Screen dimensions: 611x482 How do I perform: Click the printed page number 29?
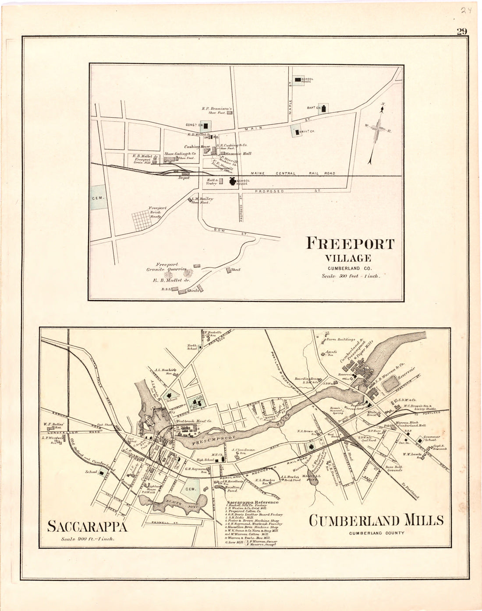click(x=461, y=31)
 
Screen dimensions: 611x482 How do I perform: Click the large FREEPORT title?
click(x=350, y=243)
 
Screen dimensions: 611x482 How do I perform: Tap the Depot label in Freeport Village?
click(x=184, y=178)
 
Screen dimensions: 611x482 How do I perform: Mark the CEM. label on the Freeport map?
click(x=97, y=198)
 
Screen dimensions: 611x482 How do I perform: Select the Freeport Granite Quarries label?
click(x=167, y=267)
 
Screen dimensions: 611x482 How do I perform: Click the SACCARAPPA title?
click(x=87, y=526)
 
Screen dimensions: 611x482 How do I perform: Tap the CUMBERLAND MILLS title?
click(x=376, y=520)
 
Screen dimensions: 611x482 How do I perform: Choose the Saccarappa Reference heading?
click(x=252, y=502)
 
